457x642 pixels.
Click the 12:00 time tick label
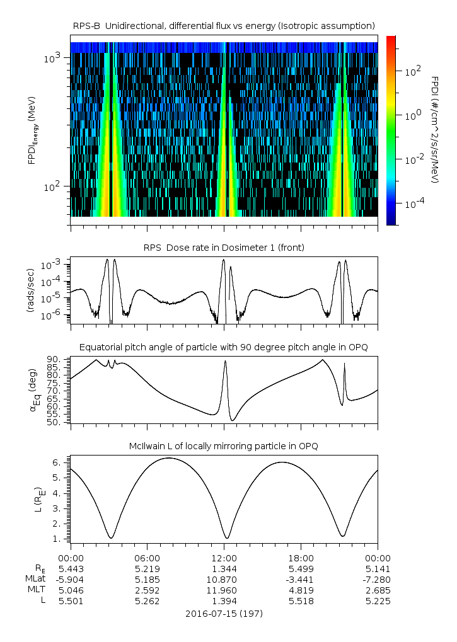point(224,558)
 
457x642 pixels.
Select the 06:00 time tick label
point(147,558)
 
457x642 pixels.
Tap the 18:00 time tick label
point(301,558)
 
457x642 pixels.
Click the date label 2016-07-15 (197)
point(224,613)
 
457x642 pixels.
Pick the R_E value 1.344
point(224,569)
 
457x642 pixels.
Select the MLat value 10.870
point(224,580)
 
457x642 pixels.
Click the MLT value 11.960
point(224,590)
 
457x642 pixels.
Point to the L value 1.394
point(224,601)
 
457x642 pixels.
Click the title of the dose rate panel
point(224,248)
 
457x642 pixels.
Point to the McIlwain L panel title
point(224,446)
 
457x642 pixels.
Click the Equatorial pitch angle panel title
point(224,347)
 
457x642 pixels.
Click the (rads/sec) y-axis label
point(30,290)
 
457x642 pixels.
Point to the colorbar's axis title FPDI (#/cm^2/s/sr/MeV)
point(435,130)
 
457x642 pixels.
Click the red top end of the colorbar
point(391,39)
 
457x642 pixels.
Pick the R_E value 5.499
point(301,569)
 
